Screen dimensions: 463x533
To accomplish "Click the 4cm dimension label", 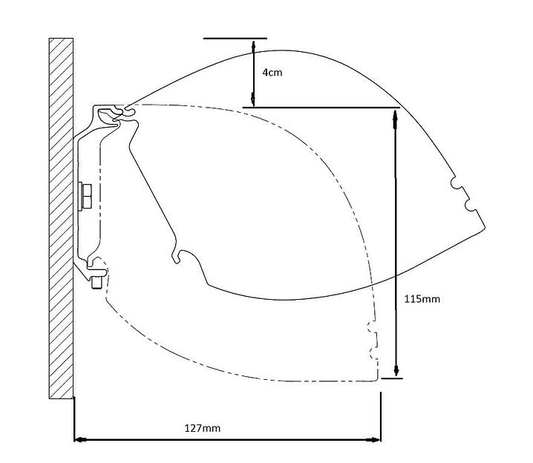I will click(x=272, y=73).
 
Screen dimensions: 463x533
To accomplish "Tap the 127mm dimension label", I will click(x=203, y=428).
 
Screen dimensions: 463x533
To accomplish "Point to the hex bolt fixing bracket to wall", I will click(x=86, y=196).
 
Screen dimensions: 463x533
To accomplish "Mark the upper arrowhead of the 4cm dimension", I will click(x=254, y=43).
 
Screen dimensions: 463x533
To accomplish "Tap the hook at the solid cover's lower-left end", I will click(x=178, y=256).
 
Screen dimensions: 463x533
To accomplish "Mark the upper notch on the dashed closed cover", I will click(x=371, y=329).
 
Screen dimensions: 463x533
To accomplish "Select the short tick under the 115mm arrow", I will click(x=391, y=378).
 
